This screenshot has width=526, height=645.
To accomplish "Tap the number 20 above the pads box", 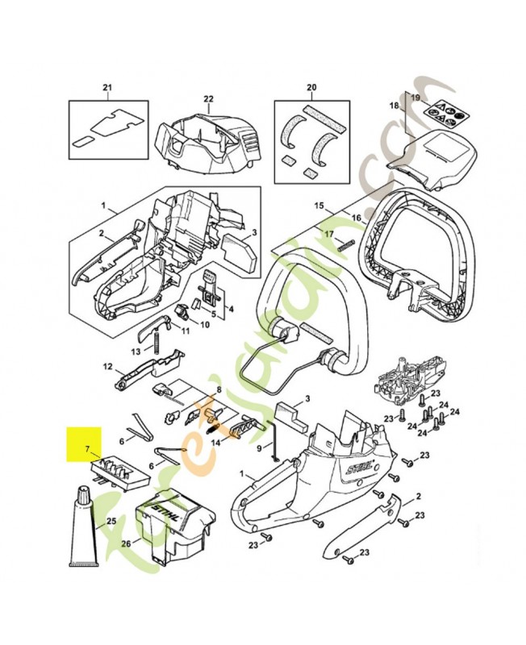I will [311, 87].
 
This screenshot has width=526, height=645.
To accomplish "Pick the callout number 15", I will [318, 206].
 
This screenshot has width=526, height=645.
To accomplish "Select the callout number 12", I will [106, 367].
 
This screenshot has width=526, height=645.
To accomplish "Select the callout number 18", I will [395, 106].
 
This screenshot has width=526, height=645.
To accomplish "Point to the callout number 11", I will [184, 331].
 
